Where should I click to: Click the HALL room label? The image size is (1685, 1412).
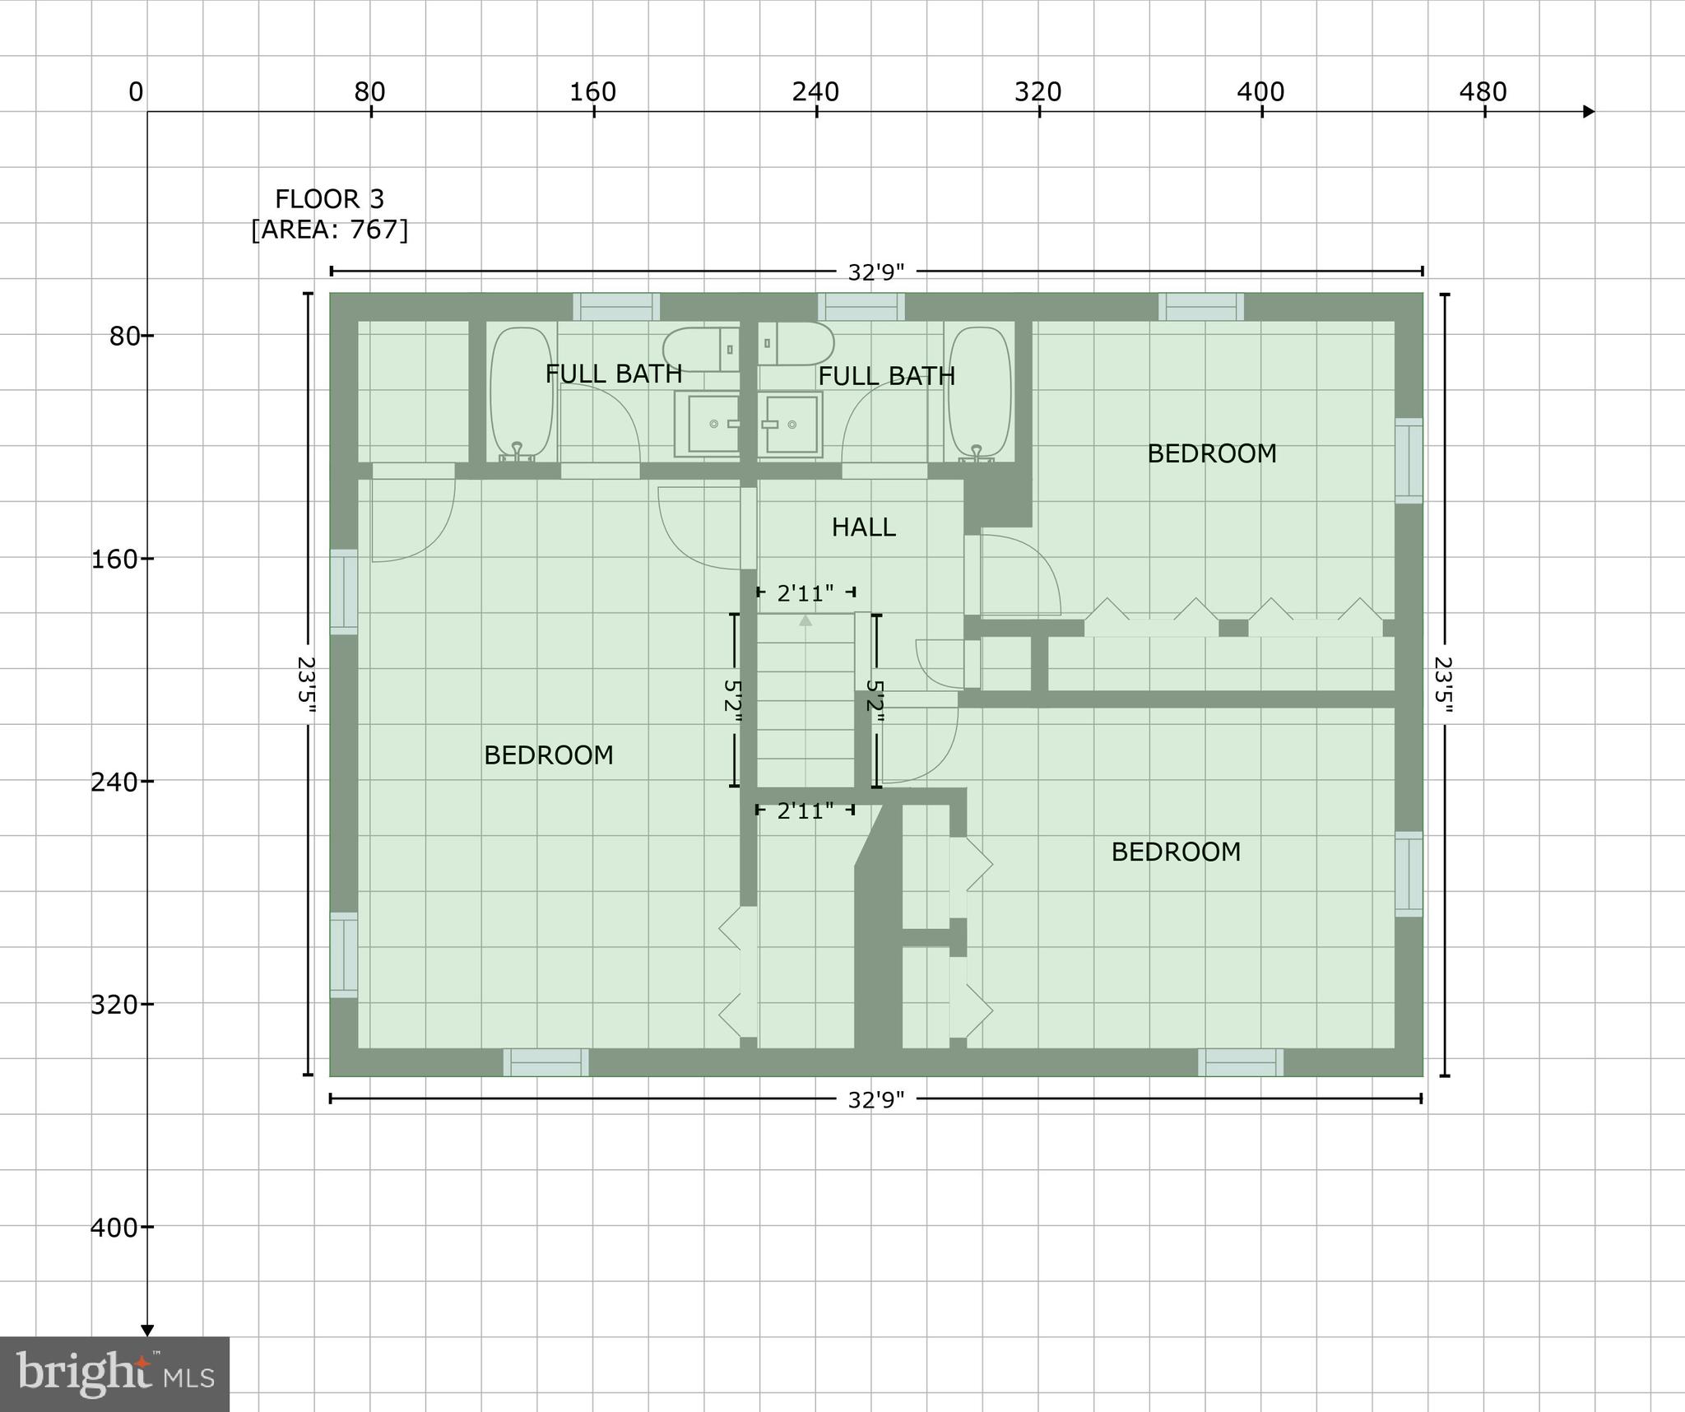pos(863,527)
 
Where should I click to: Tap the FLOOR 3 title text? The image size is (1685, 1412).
pos(329,199)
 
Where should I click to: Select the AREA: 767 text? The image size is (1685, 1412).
pos(329,229)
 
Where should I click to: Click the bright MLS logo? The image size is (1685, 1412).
pos(114,1374)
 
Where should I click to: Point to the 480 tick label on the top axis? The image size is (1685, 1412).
pos(1483,91)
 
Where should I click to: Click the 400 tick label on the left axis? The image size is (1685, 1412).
pos(114,1228)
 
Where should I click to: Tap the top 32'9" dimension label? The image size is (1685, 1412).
pos(876,272)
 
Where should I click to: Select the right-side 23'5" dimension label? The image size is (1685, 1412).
pos(1443,685)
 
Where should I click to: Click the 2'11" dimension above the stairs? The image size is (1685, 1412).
pos(805,592)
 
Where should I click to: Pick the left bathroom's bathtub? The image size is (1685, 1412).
pos(522,392)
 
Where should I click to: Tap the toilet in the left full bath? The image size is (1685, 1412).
pos(701,349)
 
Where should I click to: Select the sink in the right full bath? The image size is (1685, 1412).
pos(791,424)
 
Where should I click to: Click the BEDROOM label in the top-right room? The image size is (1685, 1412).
pos(1212,453)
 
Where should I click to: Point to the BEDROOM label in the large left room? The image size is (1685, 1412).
pos(549,755)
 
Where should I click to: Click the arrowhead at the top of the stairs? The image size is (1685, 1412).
pos(805,620)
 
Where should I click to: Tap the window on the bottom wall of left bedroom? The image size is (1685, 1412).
pos(546,1062)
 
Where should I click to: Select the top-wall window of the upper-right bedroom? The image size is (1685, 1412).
pos(1201,307)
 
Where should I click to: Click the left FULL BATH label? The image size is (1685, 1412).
pos(614,374)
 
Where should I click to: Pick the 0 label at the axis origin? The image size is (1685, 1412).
pos(136,92)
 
